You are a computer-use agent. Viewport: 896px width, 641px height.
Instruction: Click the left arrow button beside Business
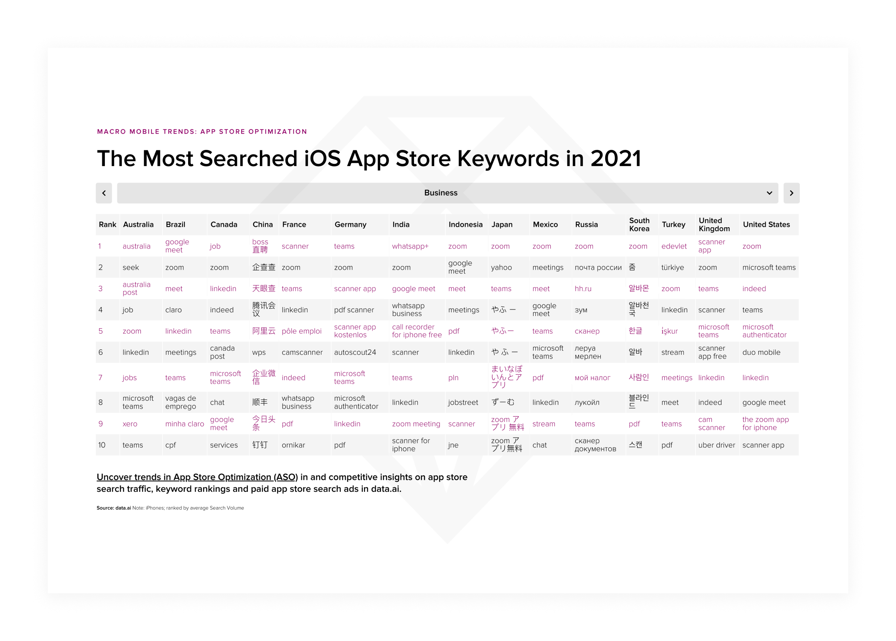point(104,193)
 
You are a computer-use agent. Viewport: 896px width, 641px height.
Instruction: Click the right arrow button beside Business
point(791,193)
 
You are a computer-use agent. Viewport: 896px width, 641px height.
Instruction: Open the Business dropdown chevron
point(769,193)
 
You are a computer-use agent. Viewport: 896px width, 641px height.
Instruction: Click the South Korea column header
point(639,225)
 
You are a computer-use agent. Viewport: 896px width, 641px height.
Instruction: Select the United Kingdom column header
point(714,225)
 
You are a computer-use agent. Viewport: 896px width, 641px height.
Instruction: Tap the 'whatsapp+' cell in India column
point(410,246)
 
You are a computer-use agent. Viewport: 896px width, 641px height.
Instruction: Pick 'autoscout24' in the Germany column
point(355,353)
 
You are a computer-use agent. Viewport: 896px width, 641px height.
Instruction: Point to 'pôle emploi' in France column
point(301,331)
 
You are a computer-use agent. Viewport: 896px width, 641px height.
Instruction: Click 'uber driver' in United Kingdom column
point(716,445)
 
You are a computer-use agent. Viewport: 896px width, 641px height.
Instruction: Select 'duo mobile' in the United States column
point(761,353)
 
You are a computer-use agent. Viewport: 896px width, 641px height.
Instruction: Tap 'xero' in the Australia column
point(130,424)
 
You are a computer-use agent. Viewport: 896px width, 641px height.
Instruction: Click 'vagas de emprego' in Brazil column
point(180,402)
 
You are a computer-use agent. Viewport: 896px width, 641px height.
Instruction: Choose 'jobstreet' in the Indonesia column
point(463,403)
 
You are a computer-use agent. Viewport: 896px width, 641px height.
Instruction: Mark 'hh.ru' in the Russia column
point(583,289)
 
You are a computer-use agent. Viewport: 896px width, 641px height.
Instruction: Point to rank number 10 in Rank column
point(102,445)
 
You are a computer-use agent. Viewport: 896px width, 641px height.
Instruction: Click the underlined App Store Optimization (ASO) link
point(197,477)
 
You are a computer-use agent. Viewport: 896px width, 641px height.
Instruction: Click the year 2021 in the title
point(615,159)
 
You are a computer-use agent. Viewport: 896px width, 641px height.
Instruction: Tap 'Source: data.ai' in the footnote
point(114,508)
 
